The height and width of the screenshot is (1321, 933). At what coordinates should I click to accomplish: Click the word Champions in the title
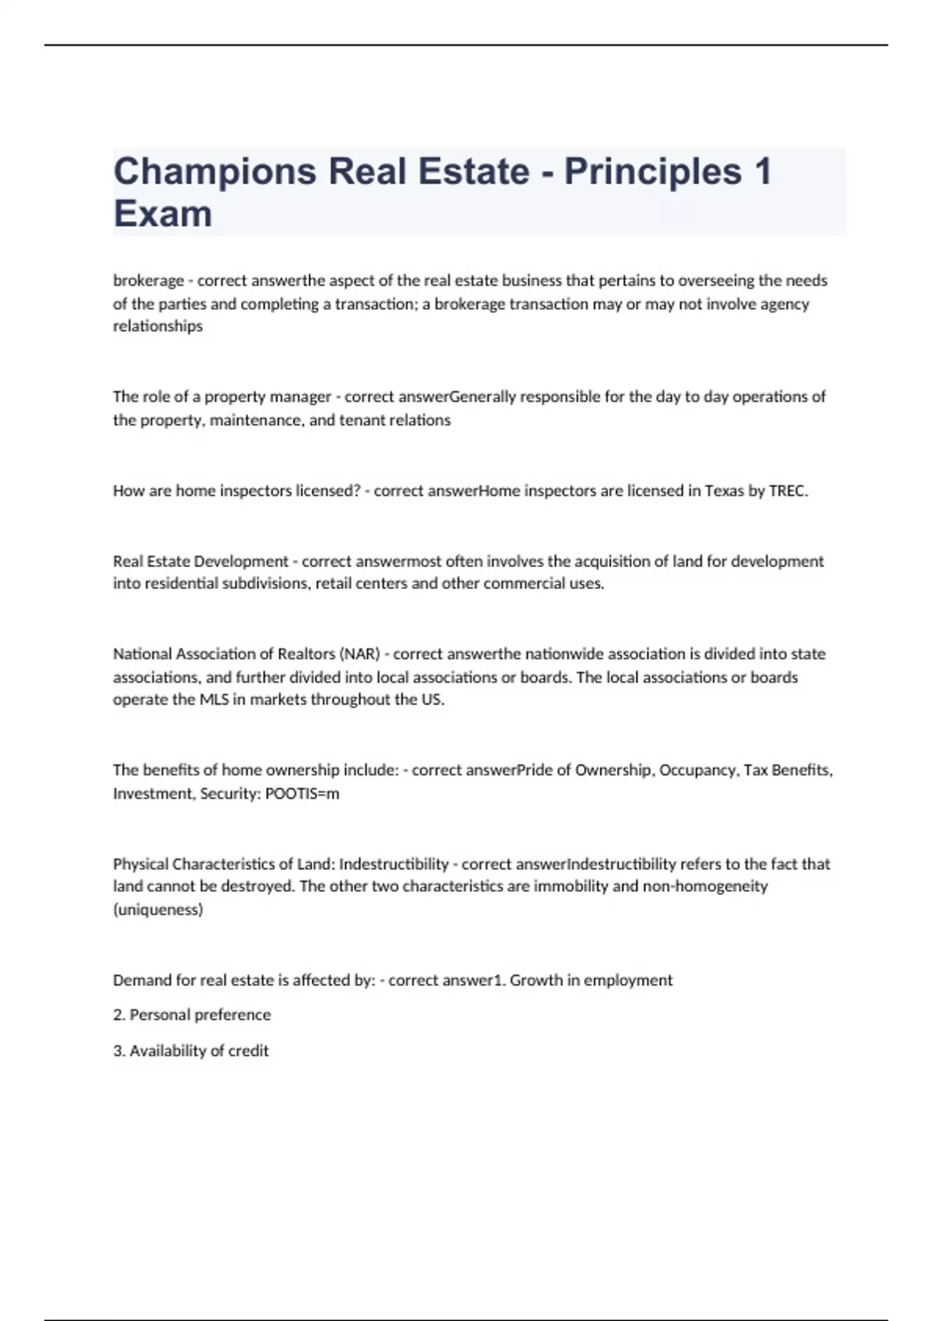215,172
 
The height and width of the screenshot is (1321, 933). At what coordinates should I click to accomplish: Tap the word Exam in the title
162,214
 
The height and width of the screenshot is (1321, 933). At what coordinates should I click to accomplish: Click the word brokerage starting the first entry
149,281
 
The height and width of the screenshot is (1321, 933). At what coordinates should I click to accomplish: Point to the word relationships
158,326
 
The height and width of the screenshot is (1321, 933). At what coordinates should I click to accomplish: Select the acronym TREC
788,491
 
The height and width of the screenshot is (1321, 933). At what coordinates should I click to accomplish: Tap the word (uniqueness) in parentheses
158,910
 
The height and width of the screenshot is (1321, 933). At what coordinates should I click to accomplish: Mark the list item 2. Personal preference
192,1015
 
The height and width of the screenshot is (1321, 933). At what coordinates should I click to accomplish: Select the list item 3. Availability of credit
191,1051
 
